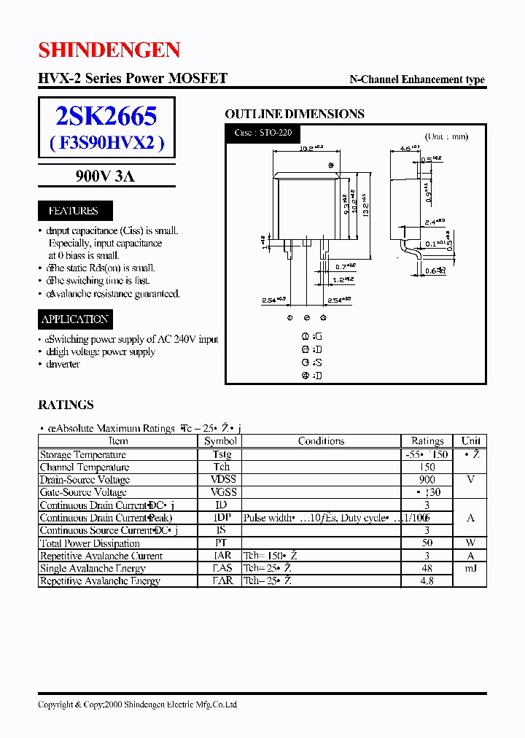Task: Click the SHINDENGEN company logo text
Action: [109, 50]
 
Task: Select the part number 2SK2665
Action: [106, 116]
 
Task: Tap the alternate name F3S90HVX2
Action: [106, 143]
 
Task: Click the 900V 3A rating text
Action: [106, 176]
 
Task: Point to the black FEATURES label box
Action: [73, 211]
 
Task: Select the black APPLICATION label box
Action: [75, 319]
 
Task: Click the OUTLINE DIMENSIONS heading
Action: [294, 114]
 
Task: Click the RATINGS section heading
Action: [66, 405]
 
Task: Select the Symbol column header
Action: [221, 441]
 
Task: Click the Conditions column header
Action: [321, 441]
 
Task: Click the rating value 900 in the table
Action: [427, 480]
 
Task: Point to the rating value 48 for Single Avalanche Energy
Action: [427, 568]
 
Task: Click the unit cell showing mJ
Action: [470, 568]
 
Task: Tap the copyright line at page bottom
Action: [137, 704]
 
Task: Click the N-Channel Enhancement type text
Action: [417, 80]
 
